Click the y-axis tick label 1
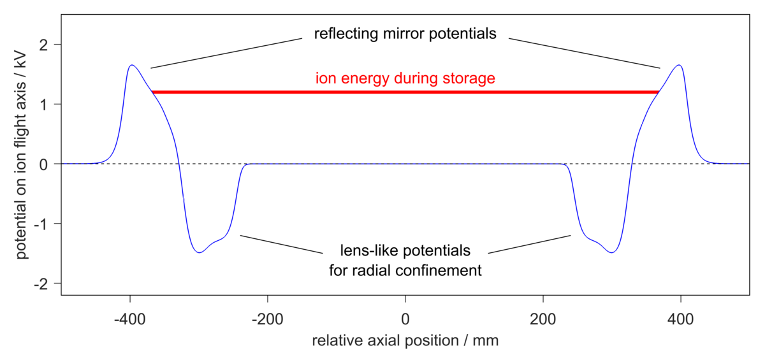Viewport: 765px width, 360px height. pyautogui.click(x=48, y=104)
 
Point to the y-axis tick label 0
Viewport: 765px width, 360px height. pyautogui.click(x=48, y=164)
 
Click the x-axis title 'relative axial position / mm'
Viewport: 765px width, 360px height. pyautogui.click(x=405, y=341)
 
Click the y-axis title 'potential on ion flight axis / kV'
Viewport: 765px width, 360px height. pyautogui.click(x=22, y=164)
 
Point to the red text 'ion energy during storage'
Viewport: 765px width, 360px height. pyautogui.click(x=405, y=79)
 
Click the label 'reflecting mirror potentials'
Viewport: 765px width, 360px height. pyautogui.click(x=405, y=33)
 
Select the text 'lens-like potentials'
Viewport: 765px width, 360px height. pyautogui.click(x=405, y=249)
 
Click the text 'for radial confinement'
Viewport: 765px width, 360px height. pyautogui.click(x=405, y=270)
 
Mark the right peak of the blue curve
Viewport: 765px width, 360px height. pyautogui.click(x=679, y=65)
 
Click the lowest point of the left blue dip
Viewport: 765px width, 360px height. pyautogui.click(x=200, y=252)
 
